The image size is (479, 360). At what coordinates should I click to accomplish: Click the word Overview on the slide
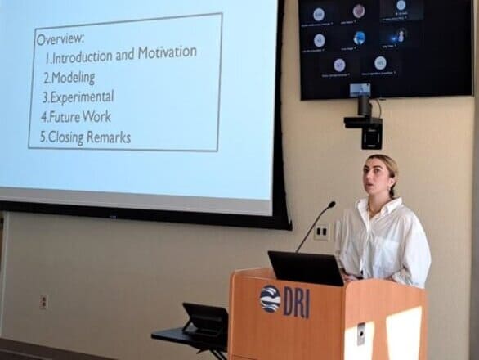coord(60,38)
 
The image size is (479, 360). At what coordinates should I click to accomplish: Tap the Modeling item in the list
coord(73,78)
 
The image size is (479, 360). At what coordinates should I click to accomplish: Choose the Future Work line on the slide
coord(79,117)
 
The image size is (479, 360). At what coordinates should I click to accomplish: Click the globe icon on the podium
coord(270,299)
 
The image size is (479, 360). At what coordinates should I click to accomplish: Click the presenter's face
coord(379,182)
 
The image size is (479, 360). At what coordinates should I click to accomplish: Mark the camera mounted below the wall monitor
coord(363,122)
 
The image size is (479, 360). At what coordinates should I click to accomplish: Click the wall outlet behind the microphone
coord(321,232)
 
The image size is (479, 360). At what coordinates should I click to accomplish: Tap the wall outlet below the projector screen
coord(43,301)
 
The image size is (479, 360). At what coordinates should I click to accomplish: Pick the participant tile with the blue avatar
coord(359,38)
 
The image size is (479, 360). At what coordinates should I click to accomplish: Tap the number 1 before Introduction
coord(47,57)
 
